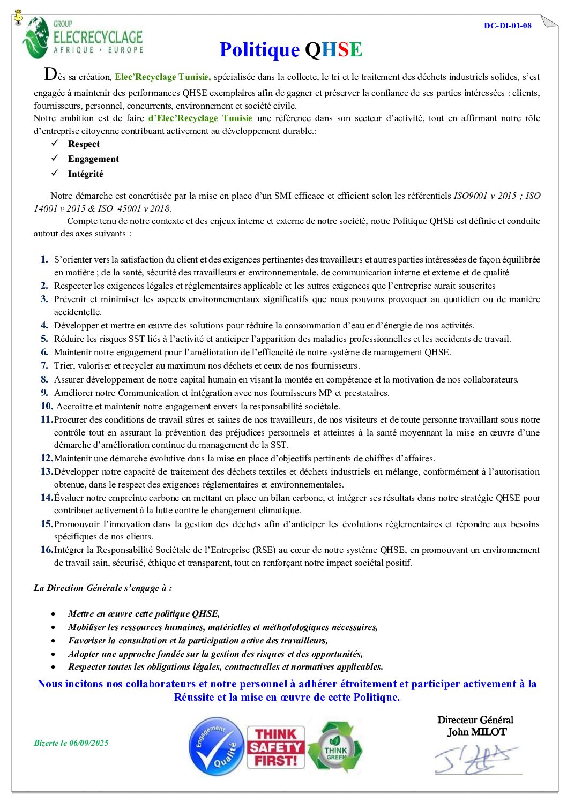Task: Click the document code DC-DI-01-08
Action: (507, 26)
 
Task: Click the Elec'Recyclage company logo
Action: (83, 38)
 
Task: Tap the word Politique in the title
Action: (259, 50)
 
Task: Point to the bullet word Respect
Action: (84, 144)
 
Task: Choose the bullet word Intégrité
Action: (85, 174)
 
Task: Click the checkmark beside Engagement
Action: (55, 159)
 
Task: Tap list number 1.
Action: (44, 259)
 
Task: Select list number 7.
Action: (44, 365)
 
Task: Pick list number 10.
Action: (47, 406)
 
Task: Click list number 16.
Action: (47, 550)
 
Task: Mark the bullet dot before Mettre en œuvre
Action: (53, 614)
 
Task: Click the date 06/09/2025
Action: (88, 743)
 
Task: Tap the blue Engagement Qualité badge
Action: (217, 746)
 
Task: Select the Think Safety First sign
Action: (275, 747)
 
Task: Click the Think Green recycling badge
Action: (335, 747)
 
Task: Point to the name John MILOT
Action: (477, 732)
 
